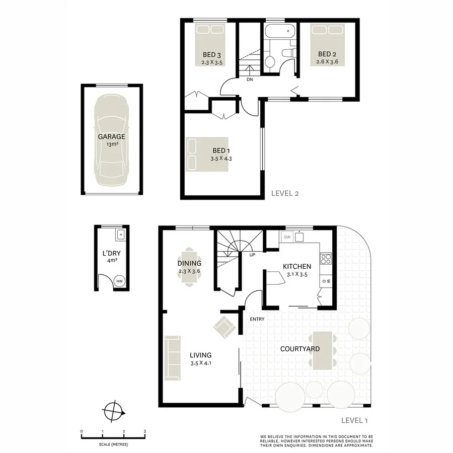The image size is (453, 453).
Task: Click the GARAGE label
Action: (111, 136)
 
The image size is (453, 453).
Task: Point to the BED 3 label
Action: (212, 55)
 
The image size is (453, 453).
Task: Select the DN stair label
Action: (250, 80)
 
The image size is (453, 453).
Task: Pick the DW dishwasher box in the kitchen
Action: (287, 237)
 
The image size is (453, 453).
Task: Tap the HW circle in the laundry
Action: (120, 281)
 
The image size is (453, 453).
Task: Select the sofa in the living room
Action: (173, 358)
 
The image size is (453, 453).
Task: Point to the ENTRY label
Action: (257, 319)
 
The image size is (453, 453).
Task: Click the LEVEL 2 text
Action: (285, 193)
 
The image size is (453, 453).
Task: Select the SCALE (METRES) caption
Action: (113, 444)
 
